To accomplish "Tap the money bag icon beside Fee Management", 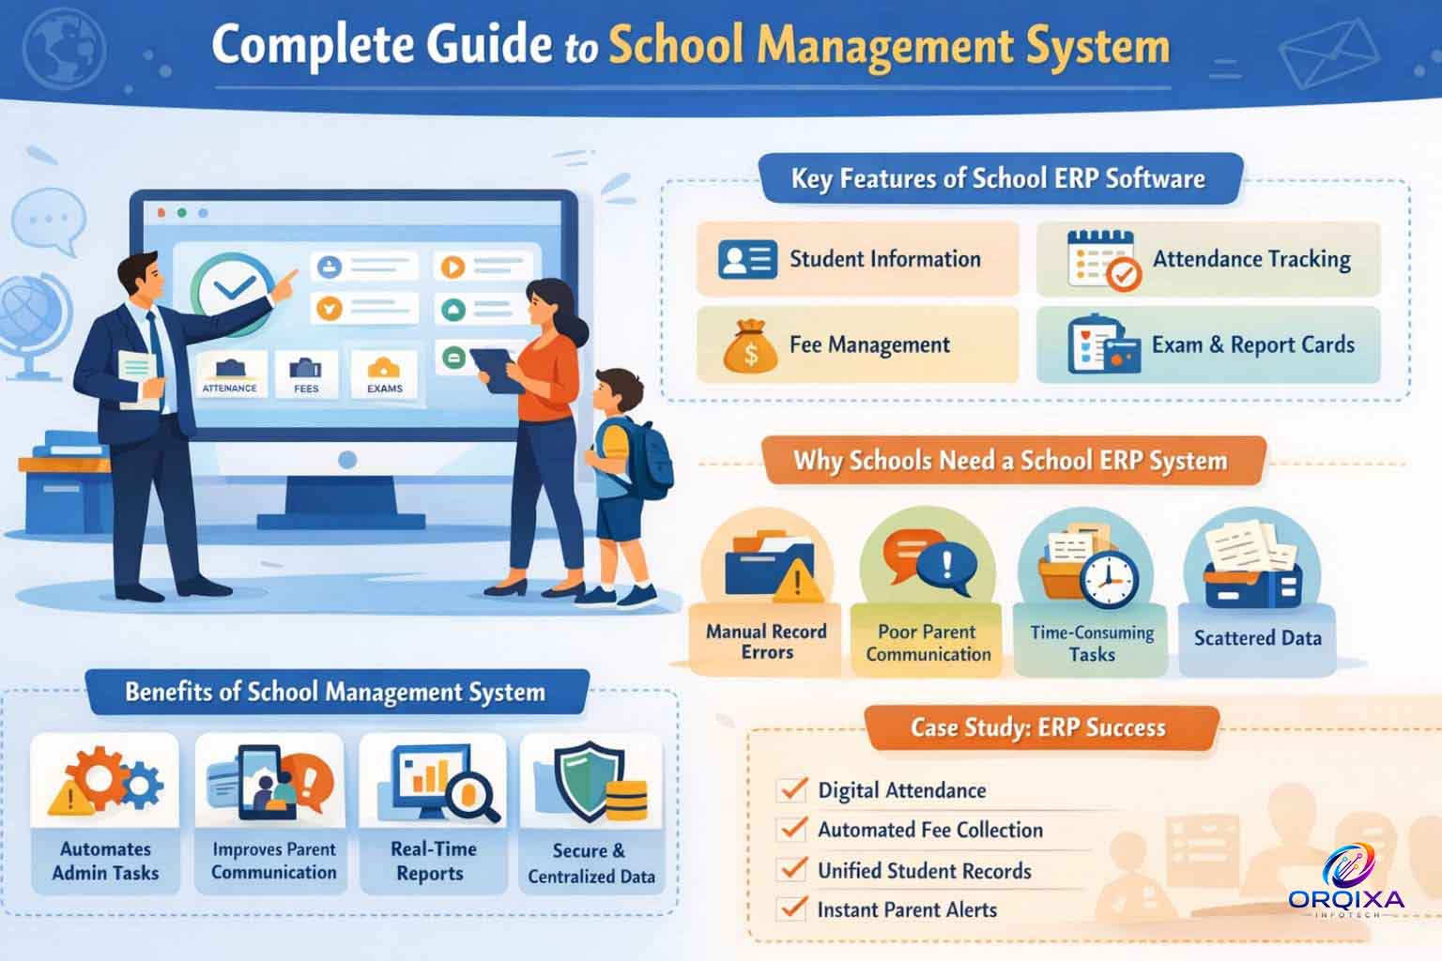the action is pyautogui.click(x=750, y=346).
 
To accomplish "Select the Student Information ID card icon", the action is pyautogui.click(x=747, y=259).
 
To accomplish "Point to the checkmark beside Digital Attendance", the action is pyautogui.click(x=793, y=788).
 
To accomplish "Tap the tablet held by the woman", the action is pyautogui.click(x=496, y=370).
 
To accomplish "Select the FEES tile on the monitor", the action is pyautogui.click(x=306, y=374).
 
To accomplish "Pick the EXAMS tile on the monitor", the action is pyautogui.click(x=384, y=374).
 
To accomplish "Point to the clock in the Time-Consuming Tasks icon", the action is pyautogui.click(x=1109, y=579).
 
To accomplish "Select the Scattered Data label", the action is pyautogui.click(x=1257, y=638).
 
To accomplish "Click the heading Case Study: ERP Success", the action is pyautogui.click(x=1037, y=727).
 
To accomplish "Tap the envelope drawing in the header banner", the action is pyautogui.click(x=1328, y=54).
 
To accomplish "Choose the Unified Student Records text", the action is pyautogui.click(x=925, y=870).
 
